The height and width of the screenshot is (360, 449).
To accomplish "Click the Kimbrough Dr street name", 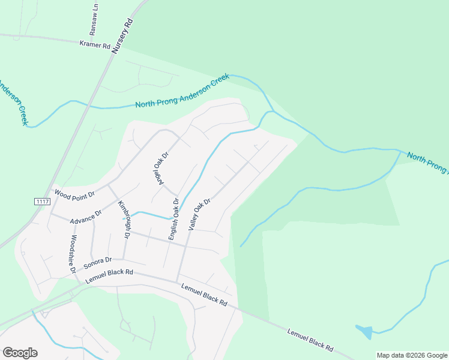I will pyautogui.click(x=124, y=220).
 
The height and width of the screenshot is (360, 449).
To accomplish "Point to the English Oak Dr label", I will pyautogui.click(x=173, y=220).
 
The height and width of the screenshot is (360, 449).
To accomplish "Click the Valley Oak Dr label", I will pyautogui.click(x=200, y=215).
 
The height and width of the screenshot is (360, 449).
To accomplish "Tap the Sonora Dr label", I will pyautogui.click(x=98, y=262).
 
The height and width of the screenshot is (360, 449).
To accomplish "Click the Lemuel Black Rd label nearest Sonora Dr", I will pyautogui.click(x=109, y=276).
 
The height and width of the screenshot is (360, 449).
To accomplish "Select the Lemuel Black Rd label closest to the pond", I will pyautogui.click(x=310, y=340).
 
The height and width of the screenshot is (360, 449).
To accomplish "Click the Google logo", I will pyautogui.click(x=20, y=353).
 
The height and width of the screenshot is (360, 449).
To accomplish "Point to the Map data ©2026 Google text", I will pyautogui.click(x=412, y=355).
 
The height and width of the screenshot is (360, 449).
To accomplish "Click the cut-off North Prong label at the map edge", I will pyautogui.click(x=427, y=163).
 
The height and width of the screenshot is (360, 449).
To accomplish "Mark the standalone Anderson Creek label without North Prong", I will pyautogui.click(x=13, y=102).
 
